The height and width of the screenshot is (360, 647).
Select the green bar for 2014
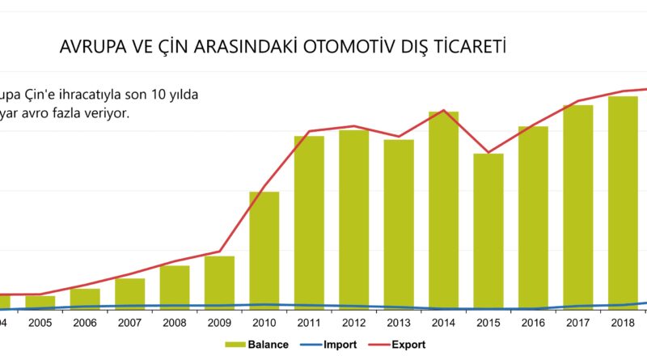click(x=444, y=210)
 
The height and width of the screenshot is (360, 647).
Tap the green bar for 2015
click(x=488, y=231)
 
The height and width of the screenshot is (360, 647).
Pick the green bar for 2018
click(x=623, y=202)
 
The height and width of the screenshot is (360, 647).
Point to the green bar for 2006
click(x=85, y=299)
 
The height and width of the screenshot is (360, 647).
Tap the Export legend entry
click(x=408, y=345)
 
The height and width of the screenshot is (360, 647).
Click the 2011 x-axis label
click(x=309, y=322)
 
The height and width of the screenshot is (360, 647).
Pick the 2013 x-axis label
click(x=399, y=322)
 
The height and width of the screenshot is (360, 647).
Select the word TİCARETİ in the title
click(x=472, y=47)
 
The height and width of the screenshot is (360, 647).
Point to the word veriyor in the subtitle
click(x=106, y=113)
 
